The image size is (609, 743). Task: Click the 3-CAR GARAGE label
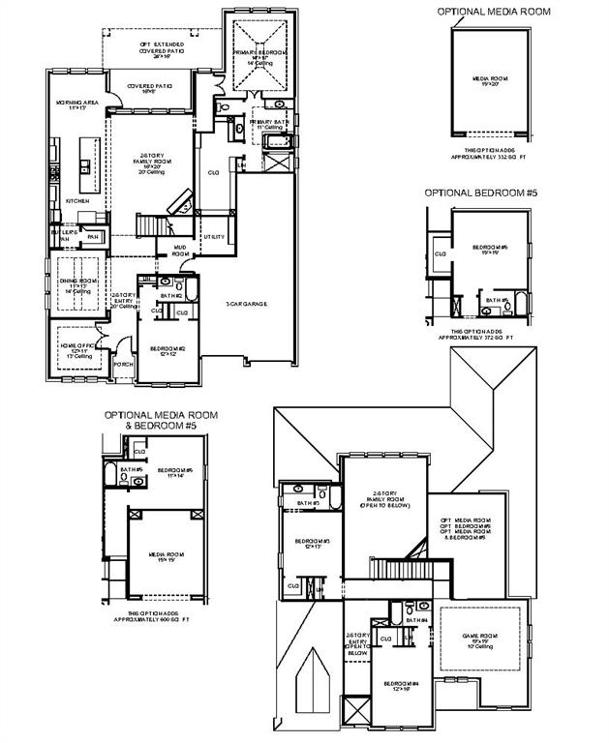246,304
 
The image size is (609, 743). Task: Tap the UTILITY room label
213,236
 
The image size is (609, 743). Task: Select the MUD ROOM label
180,251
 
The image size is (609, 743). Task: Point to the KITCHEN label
77,201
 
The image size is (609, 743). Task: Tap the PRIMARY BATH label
270,125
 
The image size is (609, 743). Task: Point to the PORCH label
123,365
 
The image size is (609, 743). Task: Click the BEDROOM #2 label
166,349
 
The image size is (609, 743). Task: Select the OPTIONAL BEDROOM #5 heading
480,193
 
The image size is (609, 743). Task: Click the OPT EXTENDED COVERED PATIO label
160,50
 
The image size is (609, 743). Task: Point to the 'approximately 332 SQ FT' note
494,154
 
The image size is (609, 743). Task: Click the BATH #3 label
309,503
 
